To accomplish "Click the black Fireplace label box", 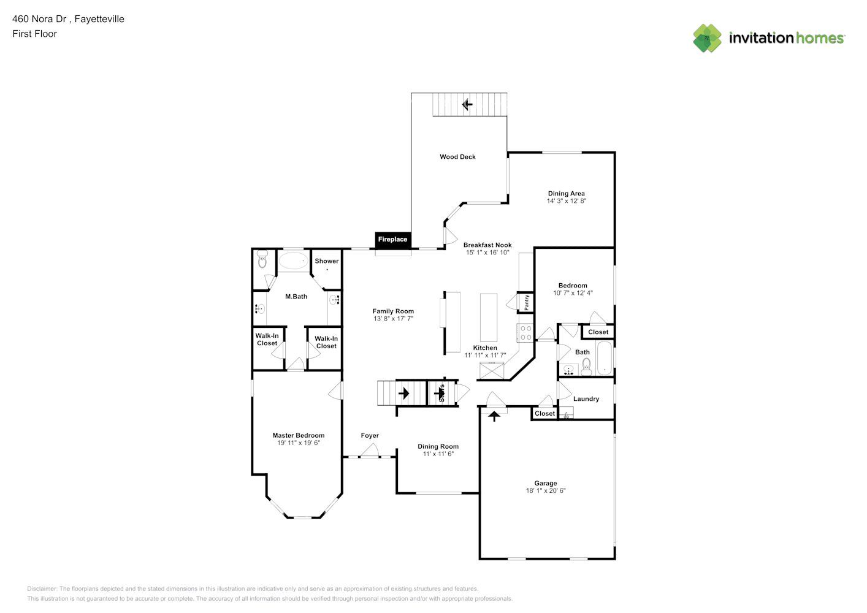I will tap(392, 240).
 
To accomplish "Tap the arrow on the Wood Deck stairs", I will tap(467, 104).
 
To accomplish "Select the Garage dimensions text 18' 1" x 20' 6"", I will tap(545, 490).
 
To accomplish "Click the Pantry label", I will tap(526, 302).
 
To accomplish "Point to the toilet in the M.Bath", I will tap(262, 260).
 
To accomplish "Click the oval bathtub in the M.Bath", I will tap(294, 261).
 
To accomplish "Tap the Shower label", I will tap(326, 261).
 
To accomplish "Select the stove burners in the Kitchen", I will tap(525, 333).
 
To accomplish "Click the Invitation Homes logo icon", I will tap(707, 38).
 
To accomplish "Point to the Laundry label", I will tap(586, 399).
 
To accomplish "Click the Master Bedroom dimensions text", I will tap(299, 443).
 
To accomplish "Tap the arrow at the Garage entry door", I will tap(494, 416).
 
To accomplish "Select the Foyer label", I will tap(369, 436).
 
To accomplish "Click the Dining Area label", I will tap(566, 194).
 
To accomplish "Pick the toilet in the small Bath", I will tap(586, 367).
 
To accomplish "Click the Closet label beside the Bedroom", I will tap(598, 332).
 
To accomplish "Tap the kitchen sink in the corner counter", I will tap(492, 370).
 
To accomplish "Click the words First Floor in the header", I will tap(34, 34).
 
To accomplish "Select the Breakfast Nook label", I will tap(487, 245).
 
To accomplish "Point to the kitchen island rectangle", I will tap(488, 317).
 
